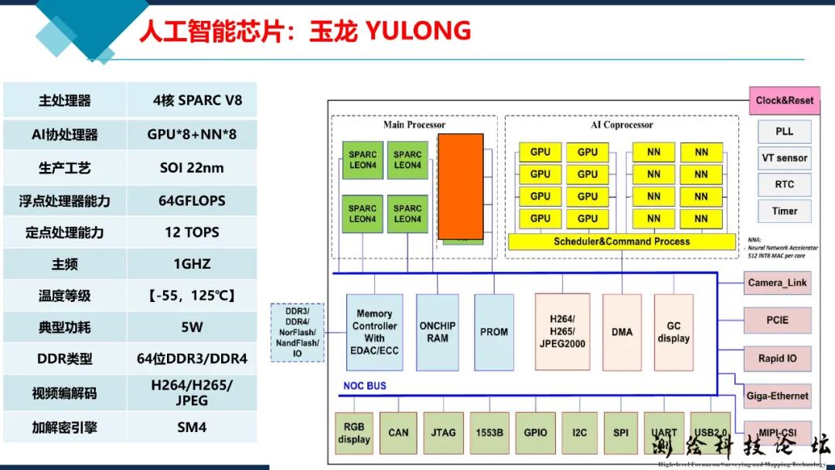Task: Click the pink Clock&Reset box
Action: [784, 101]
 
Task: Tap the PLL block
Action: [784, 132]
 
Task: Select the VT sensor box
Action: [784, 158]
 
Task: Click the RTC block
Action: [784, 184]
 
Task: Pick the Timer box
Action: [784, 211]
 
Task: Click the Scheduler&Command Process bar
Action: [622, 242]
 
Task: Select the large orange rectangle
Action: [461, 187]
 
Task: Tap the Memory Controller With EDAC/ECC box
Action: [374, 331]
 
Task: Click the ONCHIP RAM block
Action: [438, 331]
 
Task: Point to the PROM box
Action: [494, 331]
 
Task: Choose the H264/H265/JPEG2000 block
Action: [562, 331]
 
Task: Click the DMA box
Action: [622, 331]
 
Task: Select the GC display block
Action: [673, 331]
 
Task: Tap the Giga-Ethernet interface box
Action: [777, 396]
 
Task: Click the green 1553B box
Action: [489, 433]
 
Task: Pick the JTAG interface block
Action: [443, 433]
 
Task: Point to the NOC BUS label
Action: [364, 386]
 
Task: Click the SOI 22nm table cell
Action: [192, 167]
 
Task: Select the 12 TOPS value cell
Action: [192, 232]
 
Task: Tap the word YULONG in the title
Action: [417, 31]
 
